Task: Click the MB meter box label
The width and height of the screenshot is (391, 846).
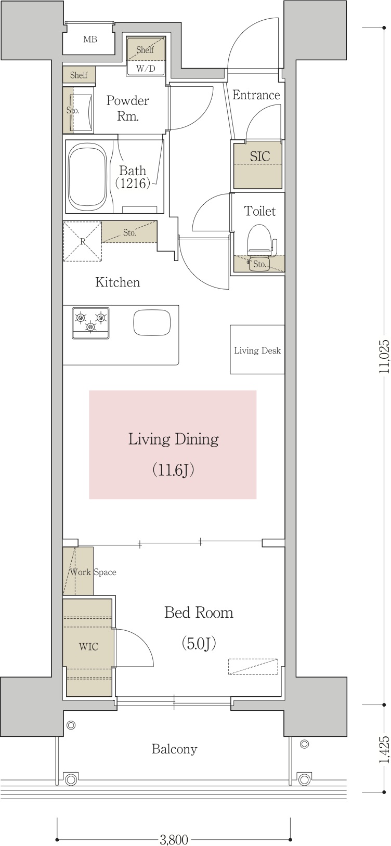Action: [90, 40]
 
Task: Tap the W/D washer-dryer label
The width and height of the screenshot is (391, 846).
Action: [146, 69]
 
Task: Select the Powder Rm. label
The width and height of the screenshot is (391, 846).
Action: [128, 108]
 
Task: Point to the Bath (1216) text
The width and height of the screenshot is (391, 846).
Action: [133, 176]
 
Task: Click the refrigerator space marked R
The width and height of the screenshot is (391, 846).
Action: [82, 241]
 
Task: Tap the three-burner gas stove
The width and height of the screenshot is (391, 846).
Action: [91, 323]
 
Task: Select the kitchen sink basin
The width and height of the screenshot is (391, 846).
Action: [152, 323]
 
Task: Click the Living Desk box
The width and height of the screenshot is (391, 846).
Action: [257, 350]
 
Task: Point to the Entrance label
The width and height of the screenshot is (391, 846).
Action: [256, 95]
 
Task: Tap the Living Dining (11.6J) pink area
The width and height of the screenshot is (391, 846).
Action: [173, 445]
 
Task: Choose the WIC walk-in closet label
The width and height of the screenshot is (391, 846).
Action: [88, 647]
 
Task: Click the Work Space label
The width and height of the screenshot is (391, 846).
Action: [93, 572]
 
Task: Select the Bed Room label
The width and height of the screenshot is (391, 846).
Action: [199, 613]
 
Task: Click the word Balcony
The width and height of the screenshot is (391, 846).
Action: [174, 749]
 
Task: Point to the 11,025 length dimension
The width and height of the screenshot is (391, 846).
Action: [384, 357]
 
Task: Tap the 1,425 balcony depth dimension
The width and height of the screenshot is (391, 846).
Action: [384, 749]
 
